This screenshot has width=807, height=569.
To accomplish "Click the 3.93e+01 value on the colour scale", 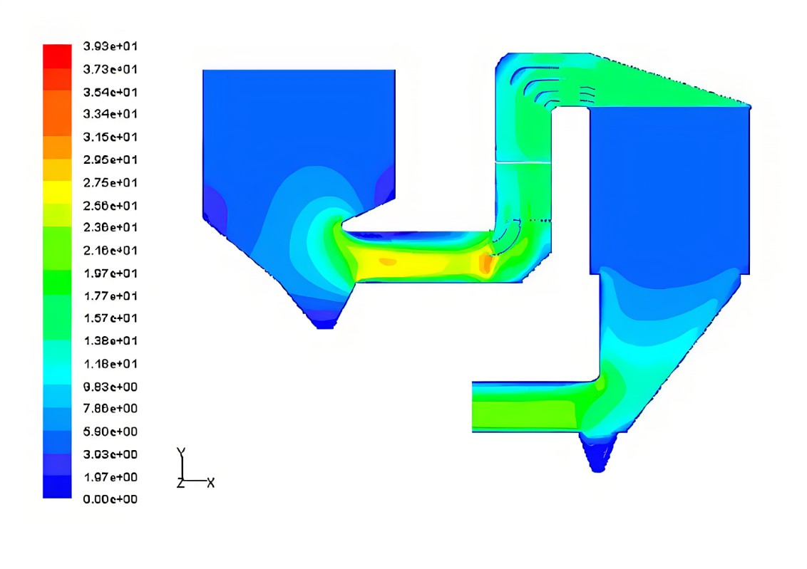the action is click(x=110, y=46).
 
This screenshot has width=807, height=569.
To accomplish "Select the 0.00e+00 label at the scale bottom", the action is click(x=110, y=499).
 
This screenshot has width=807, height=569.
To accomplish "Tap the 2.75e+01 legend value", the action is click(x=110, y=182).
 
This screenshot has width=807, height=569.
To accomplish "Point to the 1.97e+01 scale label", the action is click(x=110, y=273).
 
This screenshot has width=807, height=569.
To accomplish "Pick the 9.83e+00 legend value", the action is click(x=110, y=387).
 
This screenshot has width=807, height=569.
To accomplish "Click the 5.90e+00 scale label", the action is click(x=110, y=432).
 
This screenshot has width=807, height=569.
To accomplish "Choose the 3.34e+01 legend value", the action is click(x=110, y=114).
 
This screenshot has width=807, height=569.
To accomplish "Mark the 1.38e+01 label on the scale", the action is click(x=110, y=341).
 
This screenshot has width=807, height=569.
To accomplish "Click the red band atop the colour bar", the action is click(x=57, y=56).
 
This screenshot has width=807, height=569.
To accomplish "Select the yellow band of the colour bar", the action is click(x=57, y=192).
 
